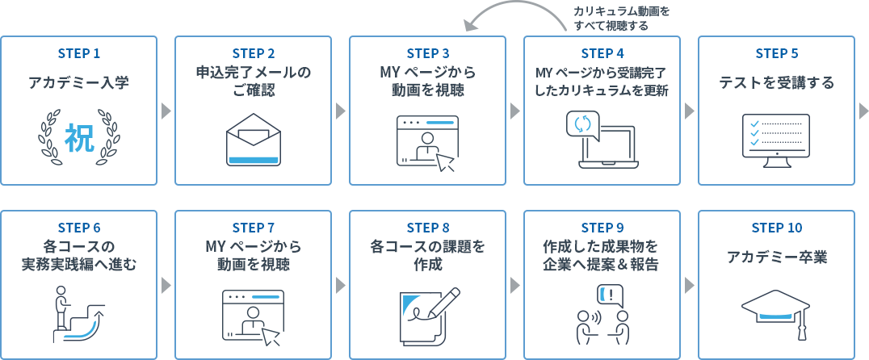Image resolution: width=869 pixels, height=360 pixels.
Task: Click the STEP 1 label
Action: pos(79,54)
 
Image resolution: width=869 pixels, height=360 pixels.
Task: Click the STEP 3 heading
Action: pos(428,54)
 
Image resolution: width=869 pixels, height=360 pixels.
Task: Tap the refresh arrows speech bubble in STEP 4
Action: pos(582,125)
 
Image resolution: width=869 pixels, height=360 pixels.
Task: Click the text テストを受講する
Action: pos(776,83)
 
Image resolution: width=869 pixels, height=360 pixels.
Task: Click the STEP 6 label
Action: pos(79,228)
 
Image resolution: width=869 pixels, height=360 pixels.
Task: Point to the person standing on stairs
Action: pos(60,309)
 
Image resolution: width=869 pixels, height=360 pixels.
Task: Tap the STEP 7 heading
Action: pos(254,228)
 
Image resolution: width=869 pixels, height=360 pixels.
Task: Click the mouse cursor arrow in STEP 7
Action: pos(271,334)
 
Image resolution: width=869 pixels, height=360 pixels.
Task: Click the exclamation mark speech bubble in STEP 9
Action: pos(611,295)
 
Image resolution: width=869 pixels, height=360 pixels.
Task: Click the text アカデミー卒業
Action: pos(776,257)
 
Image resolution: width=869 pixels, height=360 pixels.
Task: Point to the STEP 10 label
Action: pos(776,228)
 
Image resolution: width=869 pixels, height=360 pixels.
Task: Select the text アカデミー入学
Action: pos(79,83)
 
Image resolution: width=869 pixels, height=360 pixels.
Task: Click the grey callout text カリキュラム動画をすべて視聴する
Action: pos(621,18)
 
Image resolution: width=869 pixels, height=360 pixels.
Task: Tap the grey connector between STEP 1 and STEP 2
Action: pos(166,110)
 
